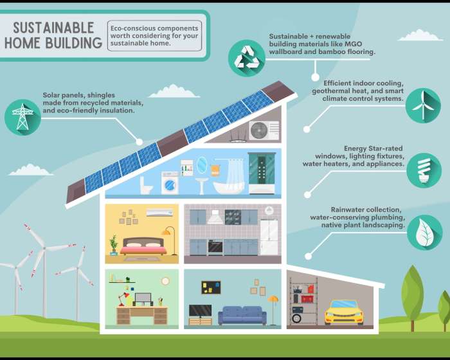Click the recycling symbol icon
(246, 58)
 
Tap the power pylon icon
(22, 117)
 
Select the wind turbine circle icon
(423, 105)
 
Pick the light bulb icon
(424, 170)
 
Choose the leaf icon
(424, 233)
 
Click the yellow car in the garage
(344, 312)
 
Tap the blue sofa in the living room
(242, 315)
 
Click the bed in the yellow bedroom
(143, 246)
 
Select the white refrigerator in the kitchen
(269, 237)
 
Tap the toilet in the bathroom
(146, 185)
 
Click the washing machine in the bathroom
(170, 183)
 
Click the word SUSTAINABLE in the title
(53, 28)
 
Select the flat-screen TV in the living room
(201, 311)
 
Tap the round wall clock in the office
(165, 281)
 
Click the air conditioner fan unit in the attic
(264, 130)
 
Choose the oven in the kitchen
(215, 247)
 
